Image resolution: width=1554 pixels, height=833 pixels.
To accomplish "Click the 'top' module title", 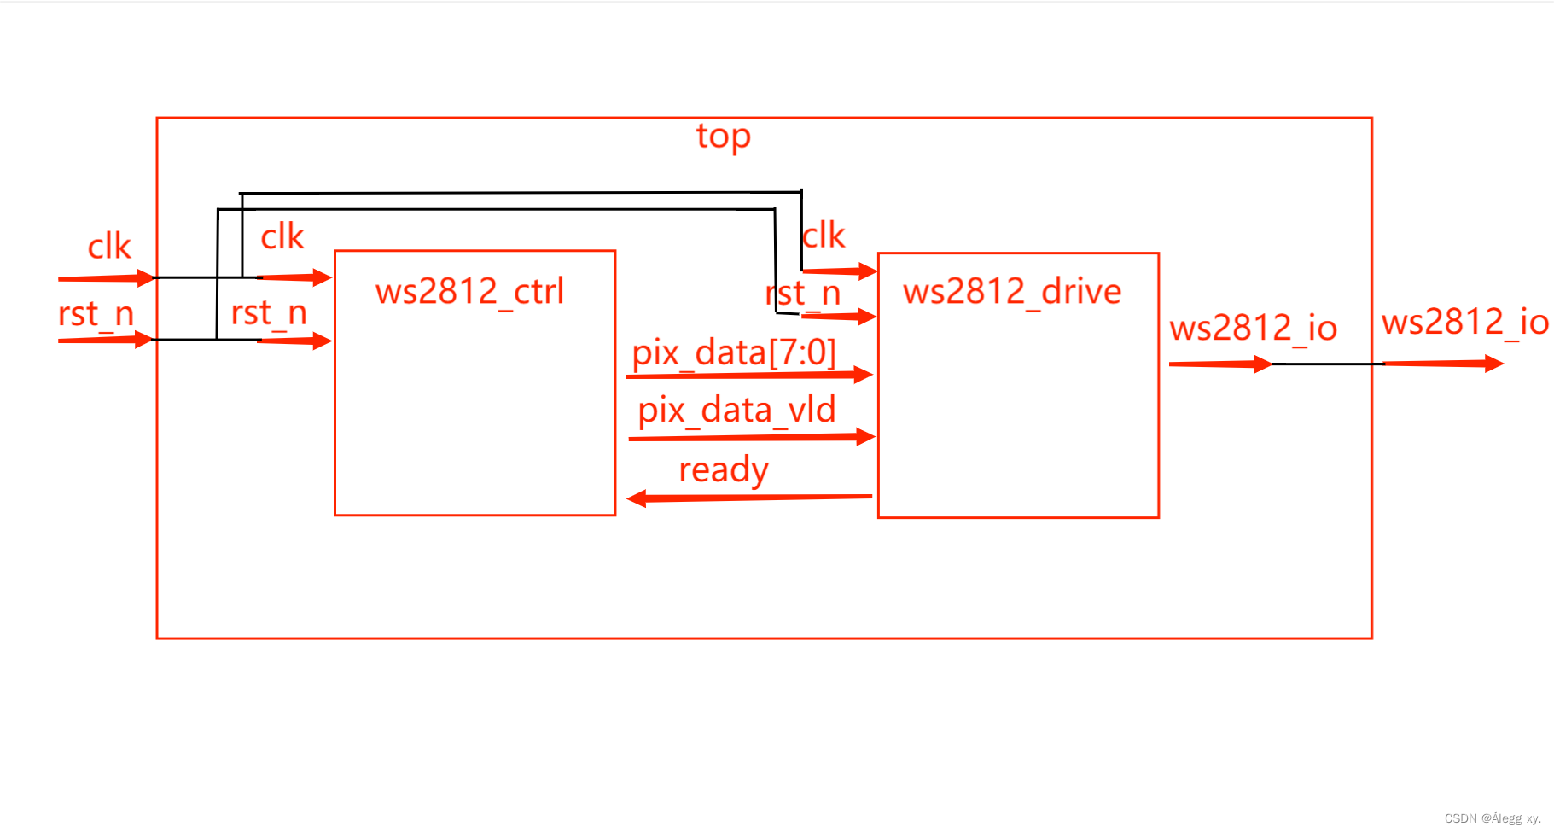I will [723, 137].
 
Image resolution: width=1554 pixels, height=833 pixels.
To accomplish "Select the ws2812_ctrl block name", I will [469, 292].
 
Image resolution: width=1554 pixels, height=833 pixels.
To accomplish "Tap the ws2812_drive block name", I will [1012, 292].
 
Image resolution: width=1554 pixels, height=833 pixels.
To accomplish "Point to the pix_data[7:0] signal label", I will [734, 352].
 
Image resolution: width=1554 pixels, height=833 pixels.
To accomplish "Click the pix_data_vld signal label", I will [736, 411].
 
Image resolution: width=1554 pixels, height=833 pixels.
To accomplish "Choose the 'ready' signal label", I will [724, 469].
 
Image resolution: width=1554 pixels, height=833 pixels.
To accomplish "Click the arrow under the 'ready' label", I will [749, 497].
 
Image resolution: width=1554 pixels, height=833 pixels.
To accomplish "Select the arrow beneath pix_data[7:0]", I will [749, 375].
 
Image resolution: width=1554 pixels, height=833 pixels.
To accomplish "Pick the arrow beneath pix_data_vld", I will [751, 438].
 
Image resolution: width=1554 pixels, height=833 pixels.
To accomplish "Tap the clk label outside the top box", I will [109, 248].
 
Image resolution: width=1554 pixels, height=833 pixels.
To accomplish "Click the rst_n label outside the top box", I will [96, 314].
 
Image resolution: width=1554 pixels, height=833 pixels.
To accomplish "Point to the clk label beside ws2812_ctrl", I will [282, 237].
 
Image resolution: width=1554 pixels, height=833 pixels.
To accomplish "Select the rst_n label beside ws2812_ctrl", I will [269, 313].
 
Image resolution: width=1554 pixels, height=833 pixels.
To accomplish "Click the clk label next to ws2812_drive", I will [824, 236].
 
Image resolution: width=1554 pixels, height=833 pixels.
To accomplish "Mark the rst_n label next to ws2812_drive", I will [804, 294].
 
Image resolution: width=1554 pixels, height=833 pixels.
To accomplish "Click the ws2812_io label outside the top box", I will [1465, 323].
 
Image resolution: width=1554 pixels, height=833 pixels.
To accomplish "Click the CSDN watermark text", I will [1492, 818].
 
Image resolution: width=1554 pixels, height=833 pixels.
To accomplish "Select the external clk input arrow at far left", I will [106, 278].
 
